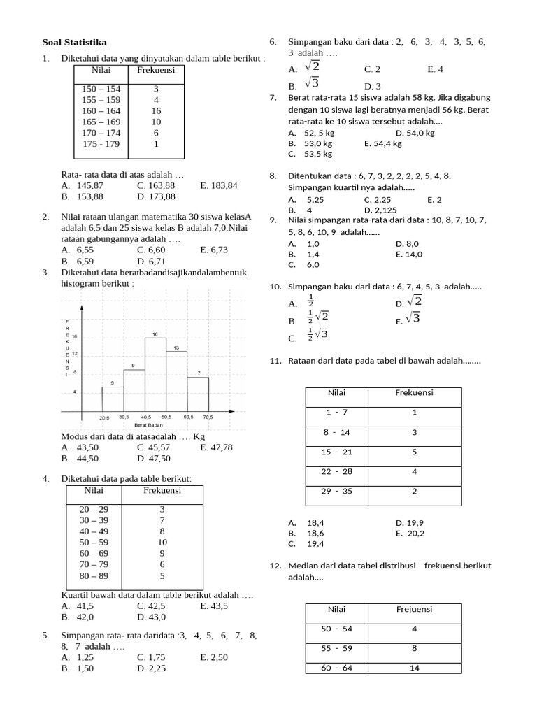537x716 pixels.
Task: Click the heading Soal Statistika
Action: coord(75,42)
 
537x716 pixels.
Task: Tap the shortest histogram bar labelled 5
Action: coord(113,399)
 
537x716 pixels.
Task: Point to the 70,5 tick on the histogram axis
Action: coord(208,417)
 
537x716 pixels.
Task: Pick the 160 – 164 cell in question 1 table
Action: coord(101,110)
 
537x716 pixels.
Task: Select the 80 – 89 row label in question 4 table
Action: coord(94,576)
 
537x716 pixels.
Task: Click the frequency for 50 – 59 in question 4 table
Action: coord(162,542)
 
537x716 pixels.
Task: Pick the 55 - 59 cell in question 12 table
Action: coord(337,648)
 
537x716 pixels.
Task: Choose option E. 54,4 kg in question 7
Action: coord(383,143)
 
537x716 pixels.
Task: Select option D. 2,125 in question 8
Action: coord(380,210)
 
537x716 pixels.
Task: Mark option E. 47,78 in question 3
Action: coord(216,447)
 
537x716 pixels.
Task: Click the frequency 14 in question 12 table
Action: coord(414,668)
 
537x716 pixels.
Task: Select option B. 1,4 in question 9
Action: coord(303,255)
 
